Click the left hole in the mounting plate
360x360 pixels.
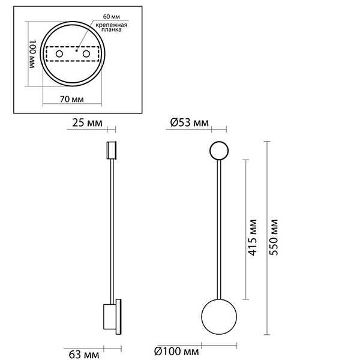59,55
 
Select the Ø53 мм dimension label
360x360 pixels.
190,124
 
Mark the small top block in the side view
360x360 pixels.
111,150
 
